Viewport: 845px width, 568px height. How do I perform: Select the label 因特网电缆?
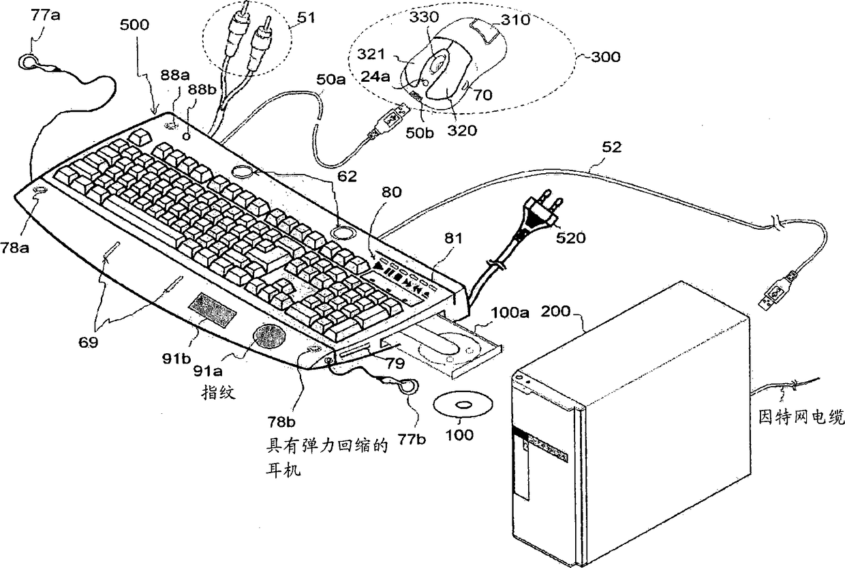pos(801,415)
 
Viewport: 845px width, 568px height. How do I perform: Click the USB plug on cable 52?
pos(776,295)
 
